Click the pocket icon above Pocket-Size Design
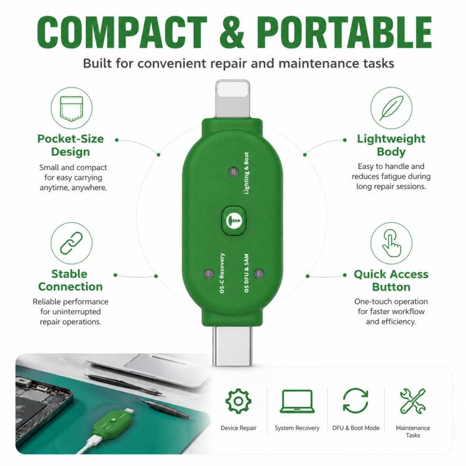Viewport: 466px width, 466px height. (x=71, y=108)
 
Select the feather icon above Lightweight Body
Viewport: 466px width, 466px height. (x=391, y=108)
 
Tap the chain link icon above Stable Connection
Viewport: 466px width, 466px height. (x=71, y=243)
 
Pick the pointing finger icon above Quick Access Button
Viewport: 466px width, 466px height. (x=391, y=243)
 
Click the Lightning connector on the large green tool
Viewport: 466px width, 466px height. (x=233, y=99)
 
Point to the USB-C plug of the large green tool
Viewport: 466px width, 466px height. (x=232, y=345)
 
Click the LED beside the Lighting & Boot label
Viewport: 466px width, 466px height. (x=234, y=171)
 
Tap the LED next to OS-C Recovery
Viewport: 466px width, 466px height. (x=208, y=273)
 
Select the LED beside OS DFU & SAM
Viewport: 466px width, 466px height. (x=259, y=273)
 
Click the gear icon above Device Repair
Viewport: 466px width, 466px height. (x=239, y=401)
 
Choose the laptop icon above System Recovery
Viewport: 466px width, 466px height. (x=297, y=401)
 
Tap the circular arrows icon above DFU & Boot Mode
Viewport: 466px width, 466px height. (x=355, y=401)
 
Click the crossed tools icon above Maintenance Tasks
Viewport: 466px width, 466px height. (x=413, y=401)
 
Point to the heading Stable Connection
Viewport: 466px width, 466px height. (x=70, y=280)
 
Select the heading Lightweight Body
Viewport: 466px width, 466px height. (x=391, y=145)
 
